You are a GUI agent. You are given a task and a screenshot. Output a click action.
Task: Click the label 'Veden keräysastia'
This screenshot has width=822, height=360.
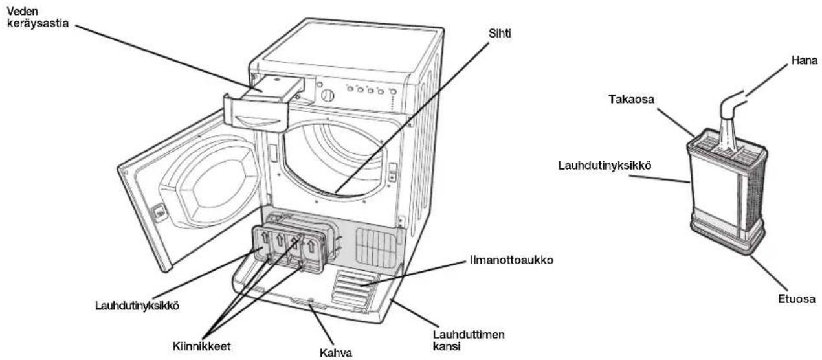click(38, 17)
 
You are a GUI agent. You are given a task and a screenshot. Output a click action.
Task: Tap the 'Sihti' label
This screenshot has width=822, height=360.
click(500, 34)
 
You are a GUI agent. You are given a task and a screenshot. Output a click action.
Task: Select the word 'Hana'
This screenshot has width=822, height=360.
click(805, 60)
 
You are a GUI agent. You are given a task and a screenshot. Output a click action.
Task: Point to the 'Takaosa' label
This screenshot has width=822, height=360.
click(631, 99)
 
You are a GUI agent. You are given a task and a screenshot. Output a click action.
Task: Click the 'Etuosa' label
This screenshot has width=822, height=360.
click(797, 298)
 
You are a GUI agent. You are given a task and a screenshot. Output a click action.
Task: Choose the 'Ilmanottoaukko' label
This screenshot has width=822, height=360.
click(511, 260)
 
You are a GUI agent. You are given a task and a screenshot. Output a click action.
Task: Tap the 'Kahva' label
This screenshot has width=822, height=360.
click(336, 353)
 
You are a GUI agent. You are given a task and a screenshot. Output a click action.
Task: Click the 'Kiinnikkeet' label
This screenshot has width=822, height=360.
click(202, 346)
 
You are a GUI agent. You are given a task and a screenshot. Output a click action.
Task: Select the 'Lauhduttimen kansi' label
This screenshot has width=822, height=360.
click(469, 340)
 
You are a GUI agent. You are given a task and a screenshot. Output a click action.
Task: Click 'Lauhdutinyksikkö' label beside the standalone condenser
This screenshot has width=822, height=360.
click(605, 166)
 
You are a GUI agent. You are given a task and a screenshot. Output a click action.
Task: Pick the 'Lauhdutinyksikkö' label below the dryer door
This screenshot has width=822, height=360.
click(137, 306)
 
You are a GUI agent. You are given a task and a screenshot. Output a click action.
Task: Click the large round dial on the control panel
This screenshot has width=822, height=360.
click(328, 95)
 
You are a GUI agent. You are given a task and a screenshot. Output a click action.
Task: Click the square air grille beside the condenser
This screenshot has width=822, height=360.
click(376, 246)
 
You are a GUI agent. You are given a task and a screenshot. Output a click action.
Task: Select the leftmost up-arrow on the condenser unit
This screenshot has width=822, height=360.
click(264, 238)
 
